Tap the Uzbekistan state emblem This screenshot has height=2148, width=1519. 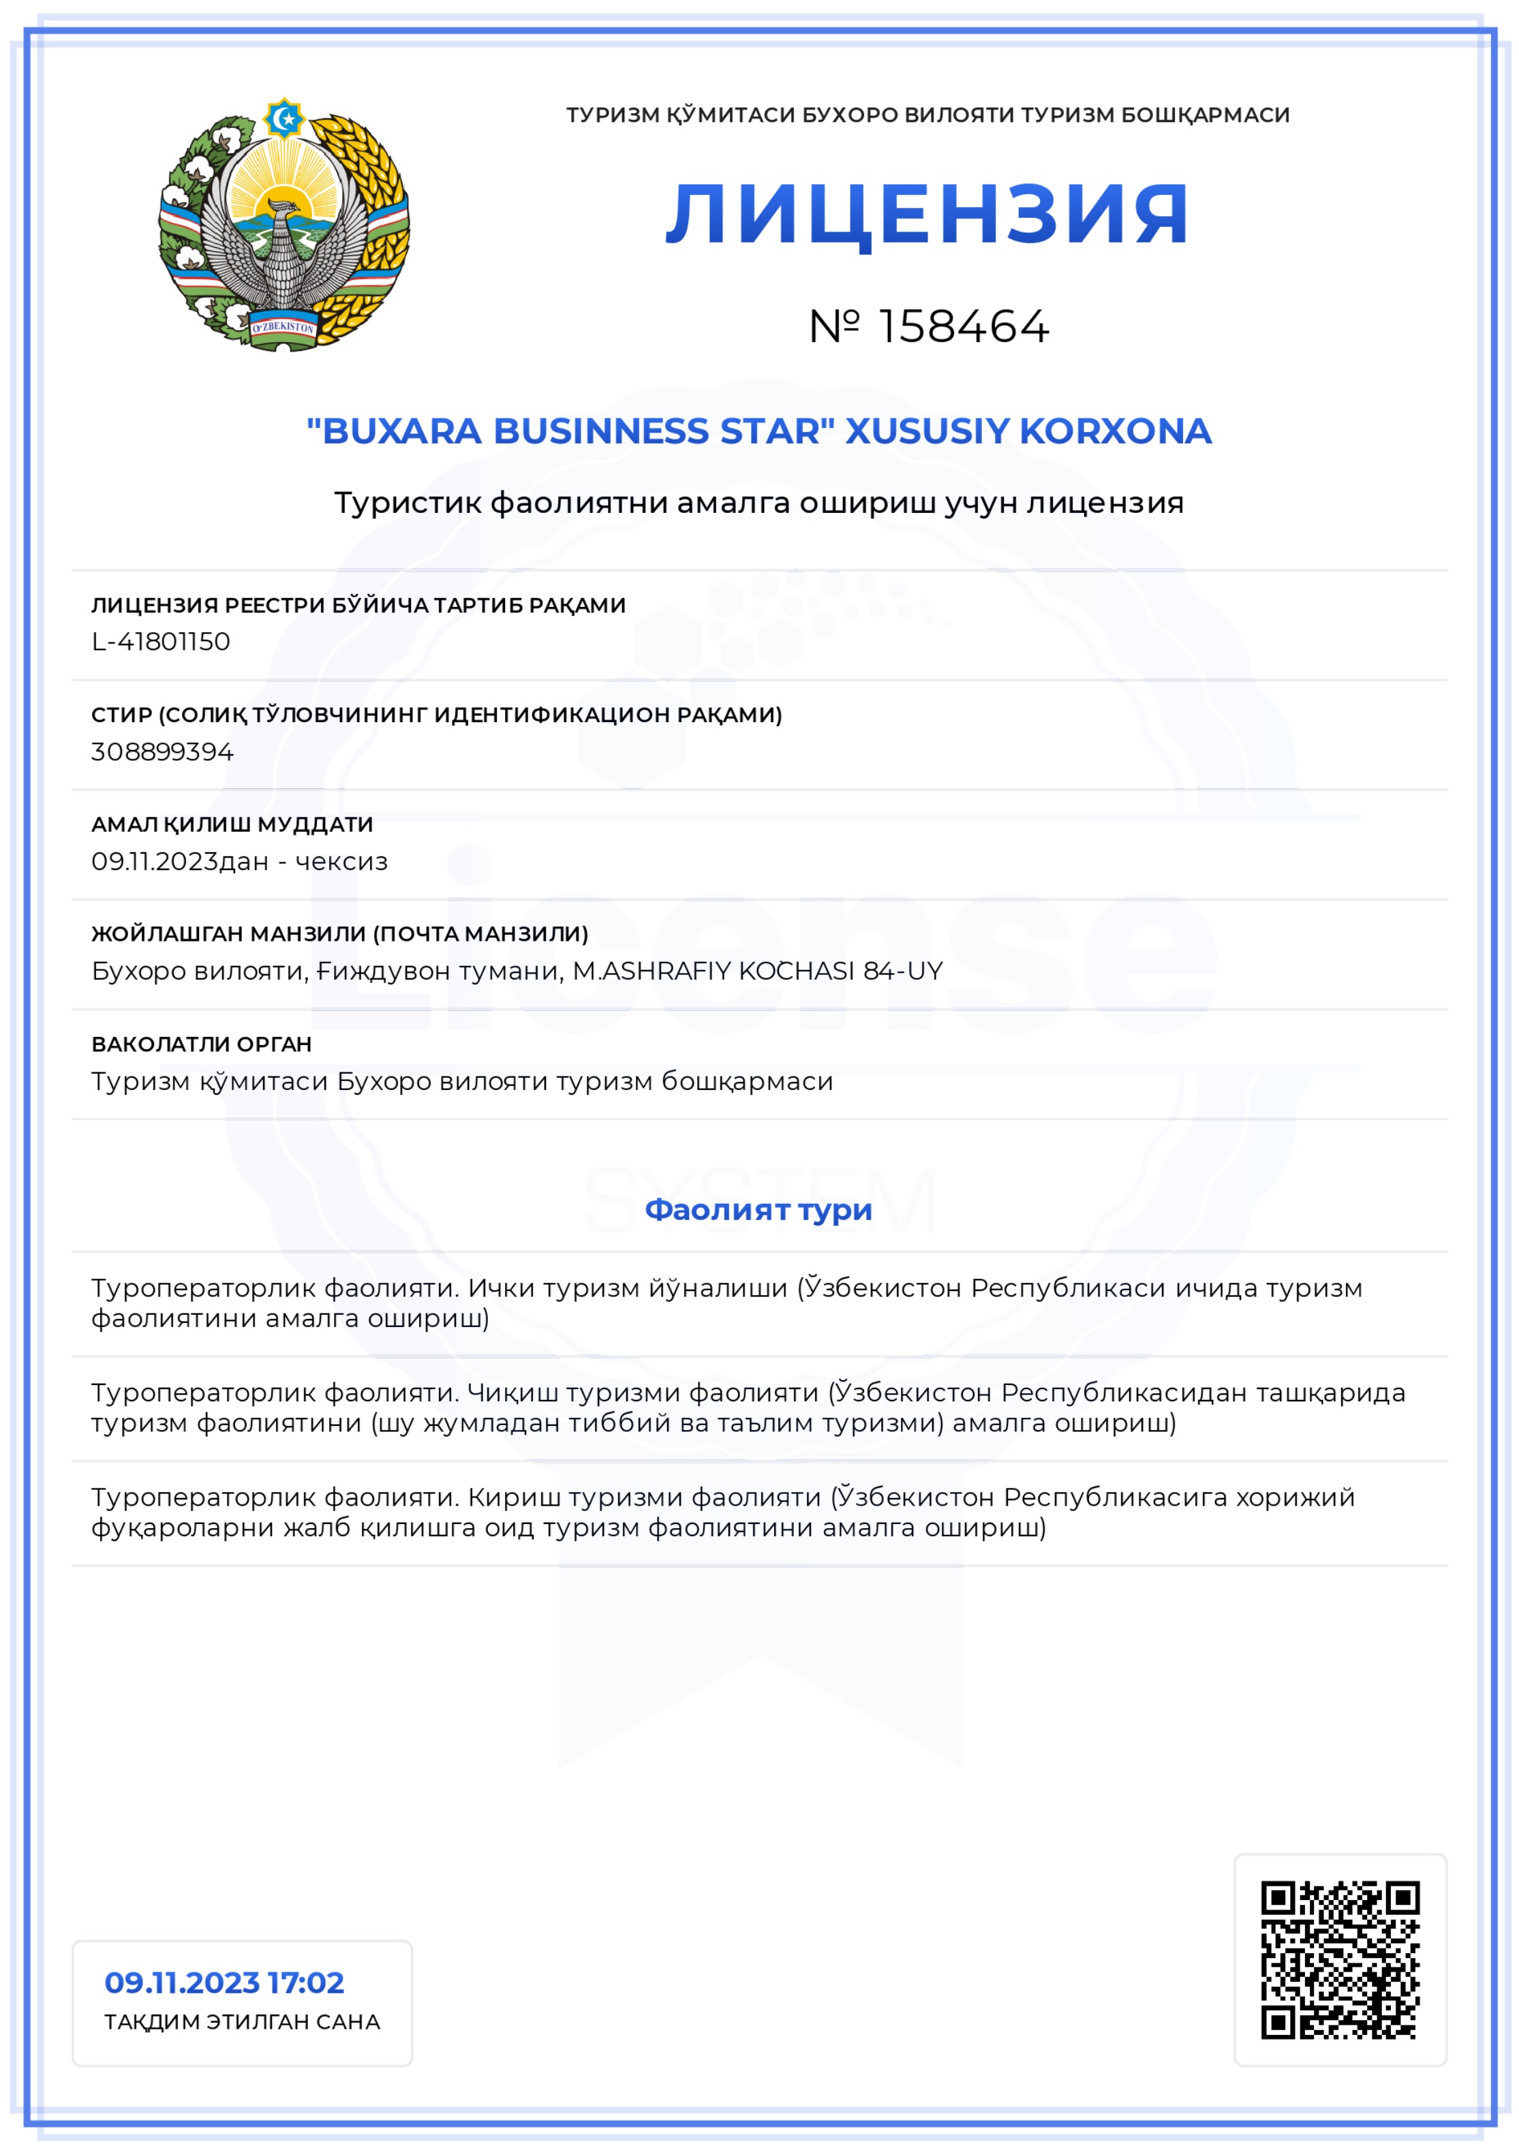click(283, 225)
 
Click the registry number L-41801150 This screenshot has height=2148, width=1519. click(161, 642)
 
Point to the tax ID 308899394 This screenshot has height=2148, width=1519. click(162, 751)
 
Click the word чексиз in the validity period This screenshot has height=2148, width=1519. click(341, 862)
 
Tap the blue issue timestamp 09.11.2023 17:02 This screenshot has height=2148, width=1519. click(224, 1982)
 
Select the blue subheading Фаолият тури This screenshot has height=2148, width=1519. click(758, 1210)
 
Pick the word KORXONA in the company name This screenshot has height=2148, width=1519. click(1115, 431)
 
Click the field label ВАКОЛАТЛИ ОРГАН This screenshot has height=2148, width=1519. click(201, 1044)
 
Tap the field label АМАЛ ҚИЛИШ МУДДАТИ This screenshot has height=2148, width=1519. click(232, 824)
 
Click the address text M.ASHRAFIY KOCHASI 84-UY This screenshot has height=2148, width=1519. click(757, 971)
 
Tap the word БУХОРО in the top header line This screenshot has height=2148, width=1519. click(850, 115)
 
